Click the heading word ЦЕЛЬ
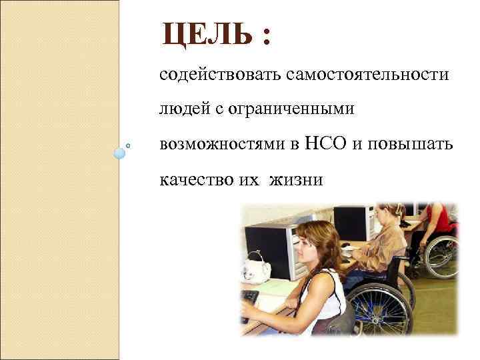[207, 35]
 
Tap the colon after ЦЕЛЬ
[267, 37]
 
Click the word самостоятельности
[367, 75]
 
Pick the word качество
[197, 179]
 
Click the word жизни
[295, 179]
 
